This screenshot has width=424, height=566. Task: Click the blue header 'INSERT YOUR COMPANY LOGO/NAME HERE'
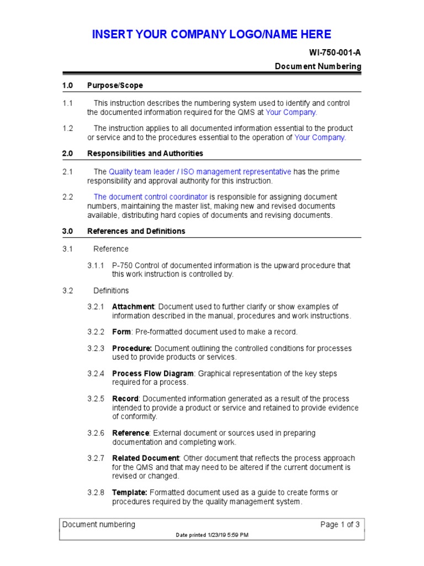point(211,34)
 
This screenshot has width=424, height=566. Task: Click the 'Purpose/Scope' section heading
point(115,85)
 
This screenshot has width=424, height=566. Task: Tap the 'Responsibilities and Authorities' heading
point(145,153)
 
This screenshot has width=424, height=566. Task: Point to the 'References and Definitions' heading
point(136,231)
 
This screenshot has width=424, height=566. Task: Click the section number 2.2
point(67,197)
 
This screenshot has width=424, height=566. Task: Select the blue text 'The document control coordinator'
point(151,197)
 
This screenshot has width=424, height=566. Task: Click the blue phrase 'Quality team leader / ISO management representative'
point(200,172)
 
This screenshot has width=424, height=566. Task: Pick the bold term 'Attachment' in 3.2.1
point(133,307)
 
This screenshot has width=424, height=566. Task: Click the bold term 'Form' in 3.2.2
point(121,332)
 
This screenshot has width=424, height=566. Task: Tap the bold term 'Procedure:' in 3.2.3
point(132,348)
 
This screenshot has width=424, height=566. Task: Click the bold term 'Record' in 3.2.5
point(125,399)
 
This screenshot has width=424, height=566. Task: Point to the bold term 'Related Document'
point(145,458)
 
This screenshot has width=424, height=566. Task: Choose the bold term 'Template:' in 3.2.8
point(129,492)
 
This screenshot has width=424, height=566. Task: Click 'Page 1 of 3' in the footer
point(340,525)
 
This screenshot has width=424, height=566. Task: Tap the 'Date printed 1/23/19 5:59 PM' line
point(211,535)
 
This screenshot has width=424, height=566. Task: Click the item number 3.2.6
point(95,433)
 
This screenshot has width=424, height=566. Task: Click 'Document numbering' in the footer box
point(98,525)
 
